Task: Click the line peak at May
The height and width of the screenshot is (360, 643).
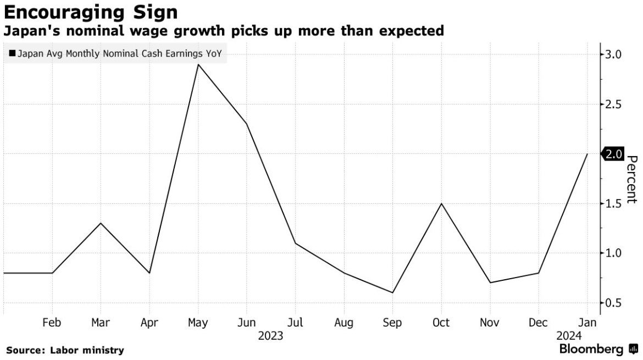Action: click(198, 64)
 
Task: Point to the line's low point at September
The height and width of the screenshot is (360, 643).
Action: click(392, 292)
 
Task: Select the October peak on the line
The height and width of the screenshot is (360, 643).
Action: click(441, 203)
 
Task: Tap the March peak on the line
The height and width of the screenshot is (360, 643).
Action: click(101, 223)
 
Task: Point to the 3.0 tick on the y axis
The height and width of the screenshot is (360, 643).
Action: click(614, 54)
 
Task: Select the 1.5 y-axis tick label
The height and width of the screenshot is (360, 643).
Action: click(614, 203)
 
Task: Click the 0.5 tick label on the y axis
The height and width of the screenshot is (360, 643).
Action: click(614, 303)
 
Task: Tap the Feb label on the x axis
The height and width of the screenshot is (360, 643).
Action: click(52, 323)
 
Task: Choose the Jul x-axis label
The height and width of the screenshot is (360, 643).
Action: click(295, 323)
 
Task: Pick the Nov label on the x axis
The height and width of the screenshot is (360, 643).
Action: click(490, 323)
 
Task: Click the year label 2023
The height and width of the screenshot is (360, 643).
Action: click(270, 335)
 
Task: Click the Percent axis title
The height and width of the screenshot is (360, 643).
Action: click(632, 179)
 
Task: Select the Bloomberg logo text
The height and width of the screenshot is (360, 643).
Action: click(591, 350)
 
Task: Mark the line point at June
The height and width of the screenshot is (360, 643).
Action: click(247, 124)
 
